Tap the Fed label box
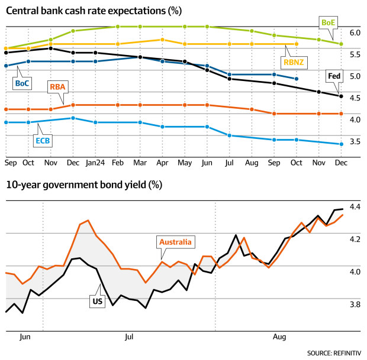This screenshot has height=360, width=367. (x=334, y=76)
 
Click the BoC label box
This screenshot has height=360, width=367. (x=22, y=83)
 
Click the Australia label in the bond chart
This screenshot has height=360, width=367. (x=176, y=241)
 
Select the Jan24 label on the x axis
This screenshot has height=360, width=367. (x=95, y=161)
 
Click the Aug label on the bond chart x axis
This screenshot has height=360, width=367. (x=279, y=338)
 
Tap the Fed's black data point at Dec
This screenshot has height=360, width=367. (x=340, y=96)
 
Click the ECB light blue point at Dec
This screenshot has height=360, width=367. (x=340, y=144)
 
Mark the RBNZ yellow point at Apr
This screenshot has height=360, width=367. (x=162, y=40)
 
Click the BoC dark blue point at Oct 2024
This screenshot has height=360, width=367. (x=297, y=79)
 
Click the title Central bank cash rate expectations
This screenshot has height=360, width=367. (x=94, y=11)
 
